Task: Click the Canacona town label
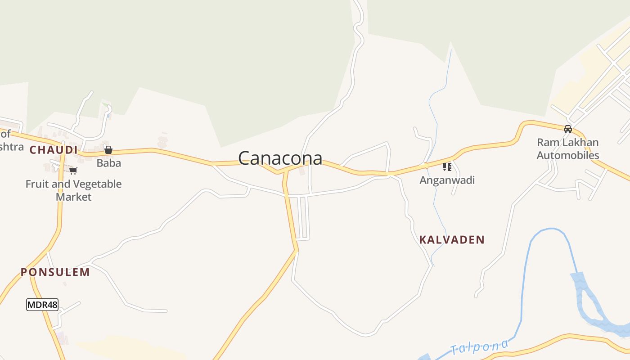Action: tap(280, 158)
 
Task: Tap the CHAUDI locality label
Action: tap(53, 150)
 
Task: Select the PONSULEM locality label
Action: tap(55, 272)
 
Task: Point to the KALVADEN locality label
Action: tap(452, 239)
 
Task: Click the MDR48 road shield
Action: tap(42, 305)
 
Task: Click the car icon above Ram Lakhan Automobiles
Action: tap(568, 129)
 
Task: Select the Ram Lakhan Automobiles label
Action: tap(568, 149)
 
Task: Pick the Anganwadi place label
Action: tap(447, 180)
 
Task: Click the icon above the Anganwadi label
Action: tap(447, 167)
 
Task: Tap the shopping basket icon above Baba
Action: tap(108, 150)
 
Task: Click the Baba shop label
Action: tap(109, 163)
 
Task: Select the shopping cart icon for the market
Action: tap(73, 171)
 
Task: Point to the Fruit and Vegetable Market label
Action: tap(73, 190)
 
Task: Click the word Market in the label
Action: tap(74, 197)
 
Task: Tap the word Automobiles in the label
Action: tap(568, 155)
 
